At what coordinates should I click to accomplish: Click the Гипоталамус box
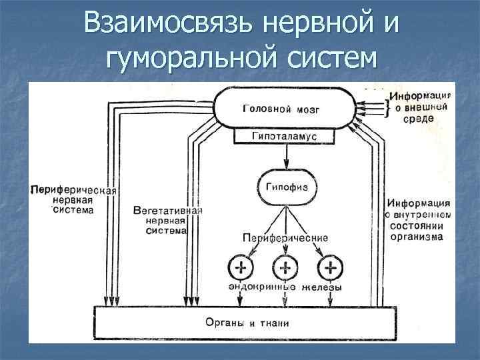pyautogui.click(x=284, y=137)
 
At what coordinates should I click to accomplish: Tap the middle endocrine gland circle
pyautogui.click(x=285, y=269)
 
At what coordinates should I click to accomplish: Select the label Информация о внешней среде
pyautogui.click(x=420, y=107)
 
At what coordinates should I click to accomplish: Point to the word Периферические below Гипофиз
pyautogui.click(x=285, y=237)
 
